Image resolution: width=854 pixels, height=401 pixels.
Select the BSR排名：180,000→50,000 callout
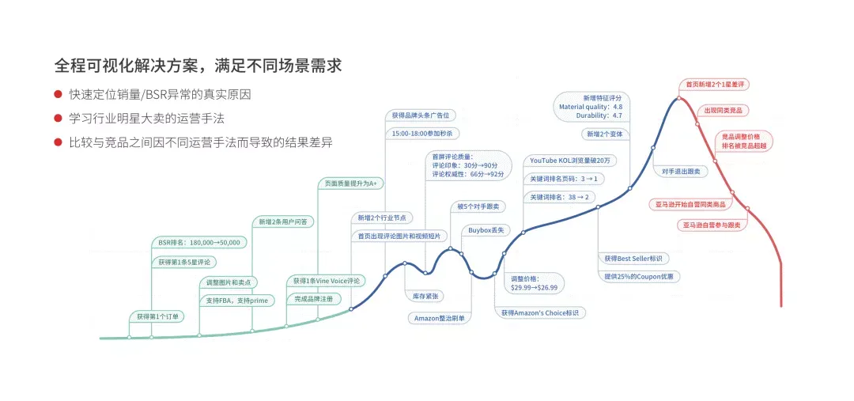click(x=198, y=243)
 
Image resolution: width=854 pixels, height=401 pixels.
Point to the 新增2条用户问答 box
click(x=282, y=221)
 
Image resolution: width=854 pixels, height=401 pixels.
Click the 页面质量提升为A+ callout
click(x=351, y=184)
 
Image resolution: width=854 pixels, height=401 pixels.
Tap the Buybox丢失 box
click(x=486, y=230)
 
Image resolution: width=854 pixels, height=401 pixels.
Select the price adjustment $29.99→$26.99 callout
click(x=534, y=283)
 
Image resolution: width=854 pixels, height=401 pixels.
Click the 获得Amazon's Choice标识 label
click(x=540, y=313)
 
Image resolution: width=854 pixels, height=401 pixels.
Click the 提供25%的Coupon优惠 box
click(x=639, y=277)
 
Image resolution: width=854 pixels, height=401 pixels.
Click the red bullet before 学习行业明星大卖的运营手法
click(x=57, y=118)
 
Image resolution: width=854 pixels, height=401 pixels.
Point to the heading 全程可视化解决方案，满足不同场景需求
click(x=198, y=66)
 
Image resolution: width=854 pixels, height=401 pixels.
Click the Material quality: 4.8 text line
click(x=591, y=107)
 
